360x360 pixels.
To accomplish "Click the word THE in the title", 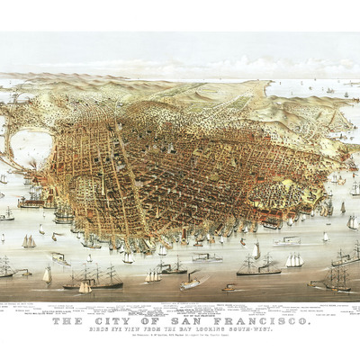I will tap(67, 321).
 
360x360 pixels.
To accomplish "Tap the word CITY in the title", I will tap(112, 321).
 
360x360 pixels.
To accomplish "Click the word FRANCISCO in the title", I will tap(262, 321).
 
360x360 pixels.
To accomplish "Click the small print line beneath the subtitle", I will tap(180, 338).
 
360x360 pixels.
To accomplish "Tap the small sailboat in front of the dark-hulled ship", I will tap(85, 287).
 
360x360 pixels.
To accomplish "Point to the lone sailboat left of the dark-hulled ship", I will tap(47, 275).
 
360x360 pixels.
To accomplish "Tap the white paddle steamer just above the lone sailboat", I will tap(58, 258).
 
